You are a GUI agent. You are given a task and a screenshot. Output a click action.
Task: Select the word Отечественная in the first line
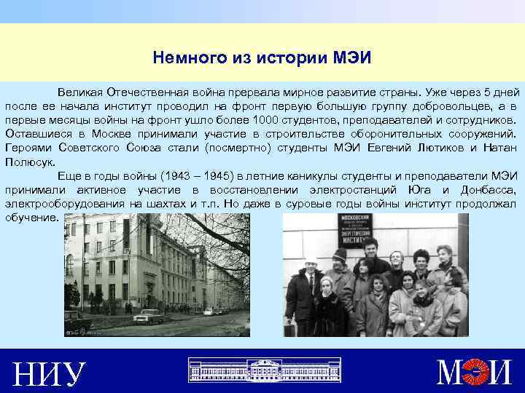(x=143, y=93)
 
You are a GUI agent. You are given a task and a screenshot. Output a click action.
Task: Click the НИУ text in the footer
(x=50, y=373)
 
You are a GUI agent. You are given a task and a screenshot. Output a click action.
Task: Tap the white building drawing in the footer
(x=262, y=370)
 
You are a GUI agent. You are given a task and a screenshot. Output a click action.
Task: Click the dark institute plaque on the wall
(x=355, y=236)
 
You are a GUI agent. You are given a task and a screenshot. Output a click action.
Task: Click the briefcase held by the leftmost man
(x=289, y=327)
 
